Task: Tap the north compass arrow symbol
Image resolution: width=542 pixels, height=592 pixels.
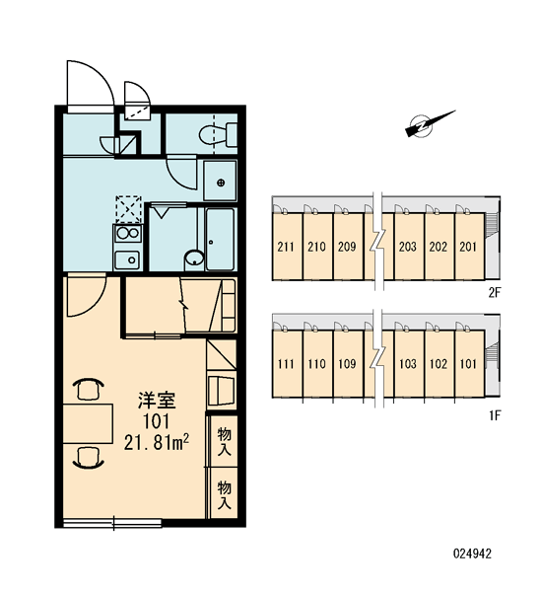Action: pyautogui.click(x=429, y=123)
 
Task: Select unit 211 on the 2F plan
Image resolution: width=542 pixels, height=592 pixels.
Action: pyautogui.click(x=286, y=247)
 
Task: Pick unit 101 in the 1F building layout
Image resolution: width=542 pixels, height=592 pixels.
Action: pyautogui.click(x=468, y=363)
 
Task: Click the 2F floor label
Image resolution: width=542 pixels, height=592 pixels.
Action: pyautogui.click(x=494, y=293)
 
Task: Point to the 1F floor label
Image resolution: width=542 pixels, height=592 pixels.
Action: pyautogui.click(x=495, y=415)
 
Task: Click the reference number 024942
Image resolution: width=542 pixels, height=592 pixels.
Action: pyautogui.click(x=472, y=554)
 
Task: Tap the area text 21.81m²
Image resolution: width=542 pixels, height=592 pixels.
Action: pyautogui.click(x=156, y=442)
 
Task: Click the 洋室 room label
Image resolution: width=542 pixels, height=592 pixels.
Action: pyautogui.click(x=157, y=401)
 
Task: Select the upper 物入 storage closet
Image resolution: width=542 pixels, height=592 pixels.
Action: pyautogui.click(x=224, y=441)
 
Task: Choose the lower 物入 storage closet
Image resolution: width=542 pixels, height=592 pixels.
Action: pyautogui.click(x=224, y=494)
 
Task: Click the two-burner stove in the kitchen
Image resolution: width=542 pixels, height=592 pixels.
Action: pyautogui.click(x=128, y=234)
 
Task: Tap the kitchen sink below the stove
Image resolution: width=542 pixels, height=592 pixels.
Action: pyautogui.click(x=127, y=260)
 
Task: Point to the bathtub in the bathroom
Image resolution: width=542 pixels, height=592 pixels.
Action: pyautogui.click(x=220, y=239)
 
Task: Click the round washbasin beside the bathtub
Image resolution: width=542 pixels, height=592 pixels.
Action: pyautogui.click(x=194, y=259)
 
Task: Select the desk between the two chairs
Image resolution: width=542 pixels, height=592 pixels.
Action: pyautogui.click(x=88, y=423)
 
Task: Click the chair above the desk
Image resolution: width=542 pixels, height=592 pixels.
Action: pyautogui.click(x=90, y=390)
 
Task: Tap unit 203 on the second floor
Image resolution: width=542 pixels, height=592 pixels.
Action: pyautogui.click(x=407, y=247)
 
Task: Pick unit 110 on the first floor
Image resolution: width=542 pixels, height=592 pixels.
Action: pyautogui.click(x=316, y=363)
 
